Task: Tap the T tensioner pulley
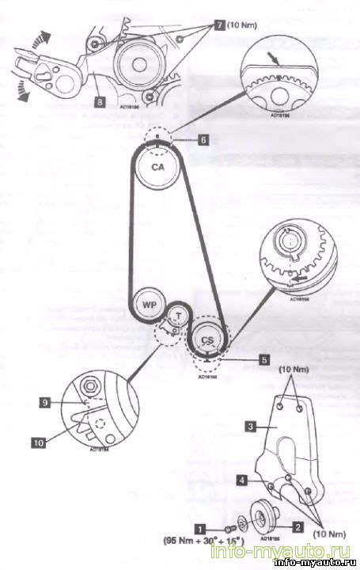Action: (180, 314)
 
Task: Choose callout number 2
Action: (297, 525)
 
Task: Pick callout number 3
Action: (249, 425)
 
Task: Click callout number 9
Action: (47, 402)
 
